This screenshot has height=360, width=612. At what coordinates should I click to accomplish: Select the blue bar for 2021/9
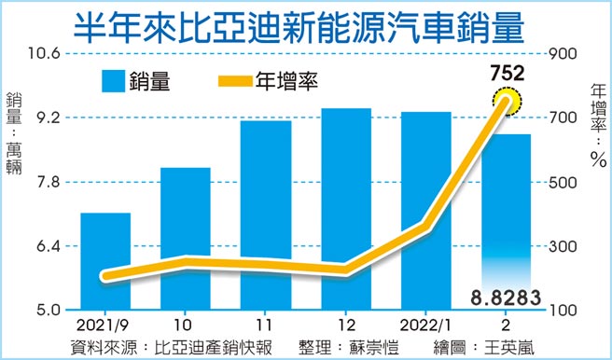(x=105, y=261)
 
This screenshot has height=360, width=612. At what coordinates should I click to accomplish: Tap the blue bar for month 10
(x=185, y=238)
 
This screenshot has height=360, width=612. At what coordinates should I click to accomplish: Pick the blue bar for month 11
(x=265, y=215)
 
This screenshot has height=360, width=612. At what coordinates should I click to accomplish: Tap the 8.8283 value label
(x=507, y=297)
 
